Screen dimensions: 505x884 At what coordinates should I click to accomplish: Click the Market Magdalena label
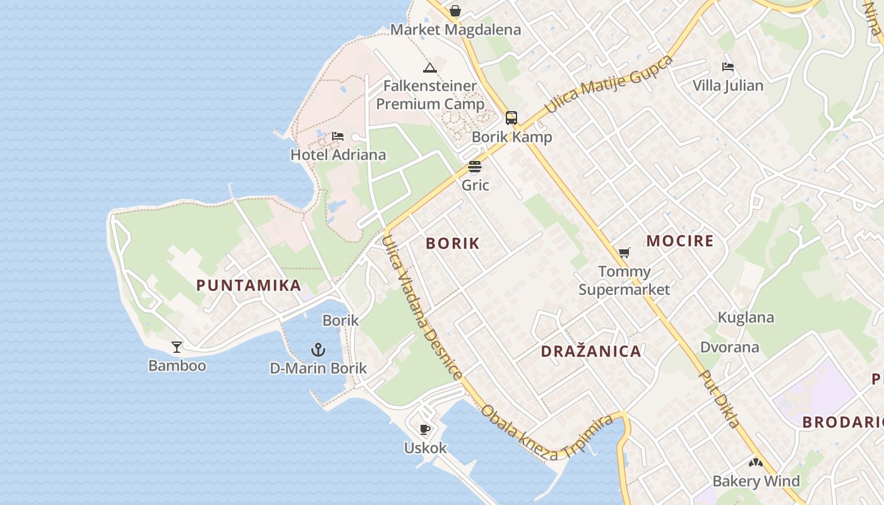coord(455,30)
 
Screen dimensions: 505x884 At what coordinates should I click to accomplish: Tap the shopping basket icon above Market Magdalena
coord(455,11)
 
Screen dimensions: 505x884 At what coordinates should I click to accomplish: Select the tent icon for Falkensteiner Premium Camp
coord(430,68)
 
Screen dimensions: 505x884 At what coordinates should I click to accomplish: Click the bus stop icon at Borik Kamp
coord(511,118)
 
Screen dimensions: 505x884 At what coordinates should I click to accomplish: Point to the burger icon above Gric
coord(475,167)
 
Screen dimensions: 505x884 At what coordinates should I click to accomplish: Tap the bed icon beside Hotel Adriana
coord(338,136)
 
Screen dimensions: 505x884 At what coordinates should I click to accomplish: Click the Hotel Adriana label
coord(338,155)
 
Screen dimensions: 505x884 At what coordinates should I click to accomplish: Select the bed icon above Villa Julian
coord(728,67)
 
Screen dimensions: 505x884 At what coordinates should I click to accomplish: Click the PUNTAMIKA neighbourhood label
coord(249,285)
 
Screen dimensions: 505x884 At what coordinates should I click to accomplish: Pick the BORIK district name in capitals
coord(453,244)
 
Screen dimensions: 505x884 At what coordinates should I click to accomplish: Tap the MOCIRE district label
coord(680,241)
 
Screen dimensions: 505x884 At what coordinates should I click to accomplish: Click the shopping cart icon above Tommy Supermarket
coord(624,252)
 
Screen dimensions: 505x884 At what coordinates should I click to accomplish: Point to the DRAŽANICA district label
coord(591,352)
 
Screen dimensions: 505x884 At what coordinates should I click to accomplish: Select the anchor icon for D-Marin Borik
coord(318,349)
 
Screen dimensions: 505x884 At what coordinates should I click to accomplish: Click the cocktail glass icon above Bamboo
coord(177,347)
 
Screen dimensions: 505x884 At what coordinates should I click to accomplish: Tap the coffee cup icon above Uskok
coord(425,430)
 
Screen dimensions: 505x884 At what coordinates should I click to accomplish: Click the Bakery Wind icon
coord(756,463)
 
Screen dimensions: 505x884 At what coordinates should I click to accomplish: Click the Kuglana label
coord(746,318)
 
